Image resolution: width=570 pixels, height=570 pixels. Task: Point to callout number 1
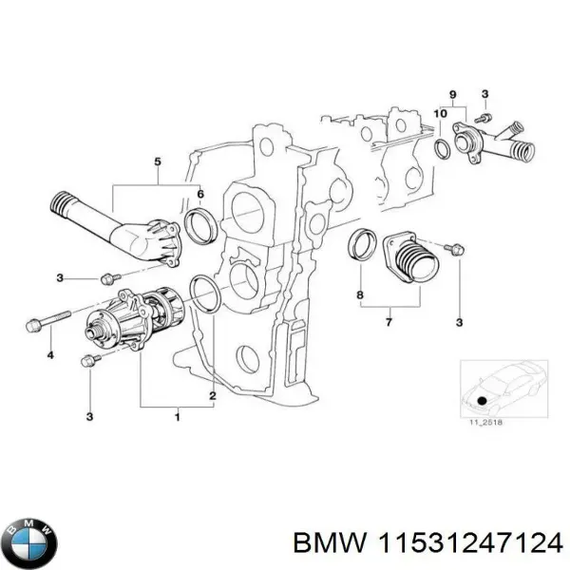point(177,416)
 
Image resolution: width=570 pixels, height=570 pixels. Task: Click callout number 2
point(213,396)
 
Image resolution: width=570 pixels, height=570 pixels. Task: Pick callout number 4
point(50,356)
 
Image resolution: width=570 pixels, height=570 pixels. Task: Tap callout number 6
point(200,195)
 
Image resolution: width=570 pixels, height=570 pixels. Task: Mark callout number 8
point(360,295)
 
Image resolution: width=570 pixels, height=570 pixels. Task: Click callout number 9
point(453,93)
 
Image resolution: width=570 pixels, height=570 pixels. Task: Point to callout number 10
point(438,114)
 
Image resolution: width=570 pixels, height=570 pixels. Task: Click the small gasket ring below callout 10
point(443,147)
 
